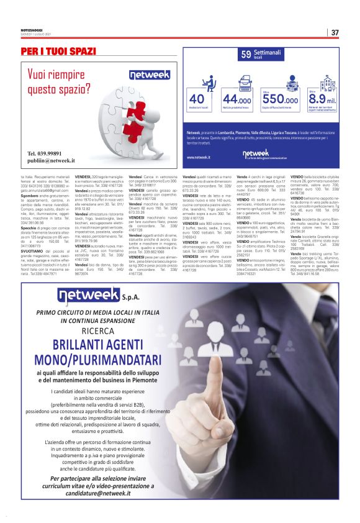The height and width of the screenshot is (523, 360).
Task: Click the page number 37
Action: point(335,32)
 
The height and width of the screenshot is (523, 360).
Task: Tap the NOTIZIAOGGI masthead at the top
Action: point(30,29)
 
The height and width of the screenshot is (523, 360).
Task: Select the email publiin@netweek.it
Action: point(50,160)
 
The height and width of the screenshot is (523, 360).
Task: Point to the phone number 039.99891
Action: point(45,153)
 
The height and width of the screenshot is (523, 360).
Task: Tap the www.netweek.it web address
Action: point(199,157)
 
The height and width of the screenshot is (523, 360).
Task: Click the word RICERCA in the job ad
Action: point(91,332)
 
